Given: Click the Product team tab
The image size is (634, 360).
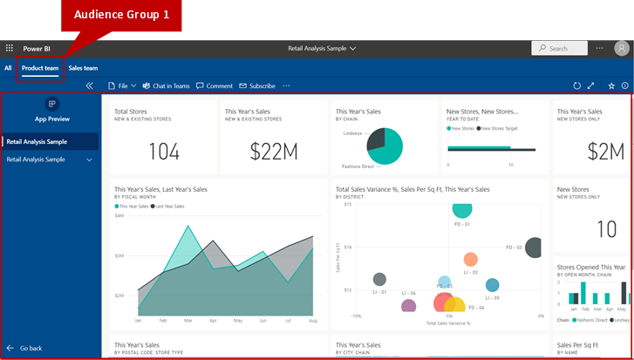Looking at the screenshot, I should pos(40,68).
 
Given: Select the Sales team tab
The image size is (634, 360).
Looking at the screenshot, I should pos(83,68).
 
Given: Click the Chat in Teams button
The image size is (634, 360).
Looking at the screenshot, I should pos(166,86).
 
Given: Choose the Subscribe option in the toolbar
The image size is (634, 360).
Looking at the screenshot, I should pos(257,86).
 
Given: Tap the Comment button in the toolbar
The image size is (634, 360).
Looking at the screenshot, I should pos(215,86).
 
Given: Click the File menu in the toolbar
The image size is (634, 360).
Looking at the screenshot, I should pos(121,86).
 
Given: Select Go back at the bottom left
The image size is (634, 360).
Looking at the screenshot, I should pos(31,348).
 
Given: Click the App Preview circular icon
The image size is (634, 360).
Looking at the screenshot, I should pos(51,104).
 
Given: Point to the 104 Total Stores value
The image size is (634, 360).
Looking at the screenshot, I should pos(163,152).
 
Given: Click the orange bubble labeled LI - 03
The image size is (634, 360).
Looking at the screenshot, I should pos(470,259).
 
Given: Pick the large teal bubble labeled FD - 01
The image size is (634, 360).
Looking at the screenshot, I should pos(462,208).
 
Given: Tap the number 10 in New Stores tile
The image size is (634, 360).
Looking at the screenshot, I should pos(606,229).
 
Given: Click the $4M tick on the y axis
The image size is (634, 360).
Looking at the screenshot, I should pos(119,214).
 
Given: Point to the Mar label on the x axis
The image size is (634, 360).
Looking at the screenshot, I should pos(187,321).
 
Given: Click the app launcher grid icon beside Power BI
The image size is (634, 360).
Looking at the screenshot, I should pos(10,49).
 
